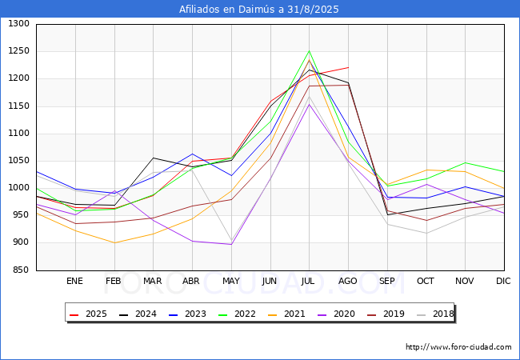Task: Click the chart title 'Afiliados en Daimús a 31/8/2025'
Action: coord(259,10)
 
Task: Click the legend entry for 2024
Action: coord(139,314)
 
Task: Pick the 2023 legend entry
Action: coord(187,314)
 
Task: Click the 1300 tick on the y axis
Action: coord(19,24)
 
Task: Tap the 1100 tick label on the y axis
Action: coord(19,134)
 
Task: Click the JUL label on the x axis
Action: coord(309,282)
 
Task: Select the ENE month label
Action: coord(74,282)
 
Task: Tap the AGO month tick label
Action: coord(348,282)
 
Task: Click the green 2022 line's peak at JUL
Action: coord(309,51)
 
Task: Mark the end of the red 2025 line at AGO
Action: coord(348,67)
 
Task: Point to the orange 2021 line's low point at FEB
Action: coord(114,242)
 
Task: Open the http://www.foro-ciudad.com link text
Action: coord(458,347)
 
